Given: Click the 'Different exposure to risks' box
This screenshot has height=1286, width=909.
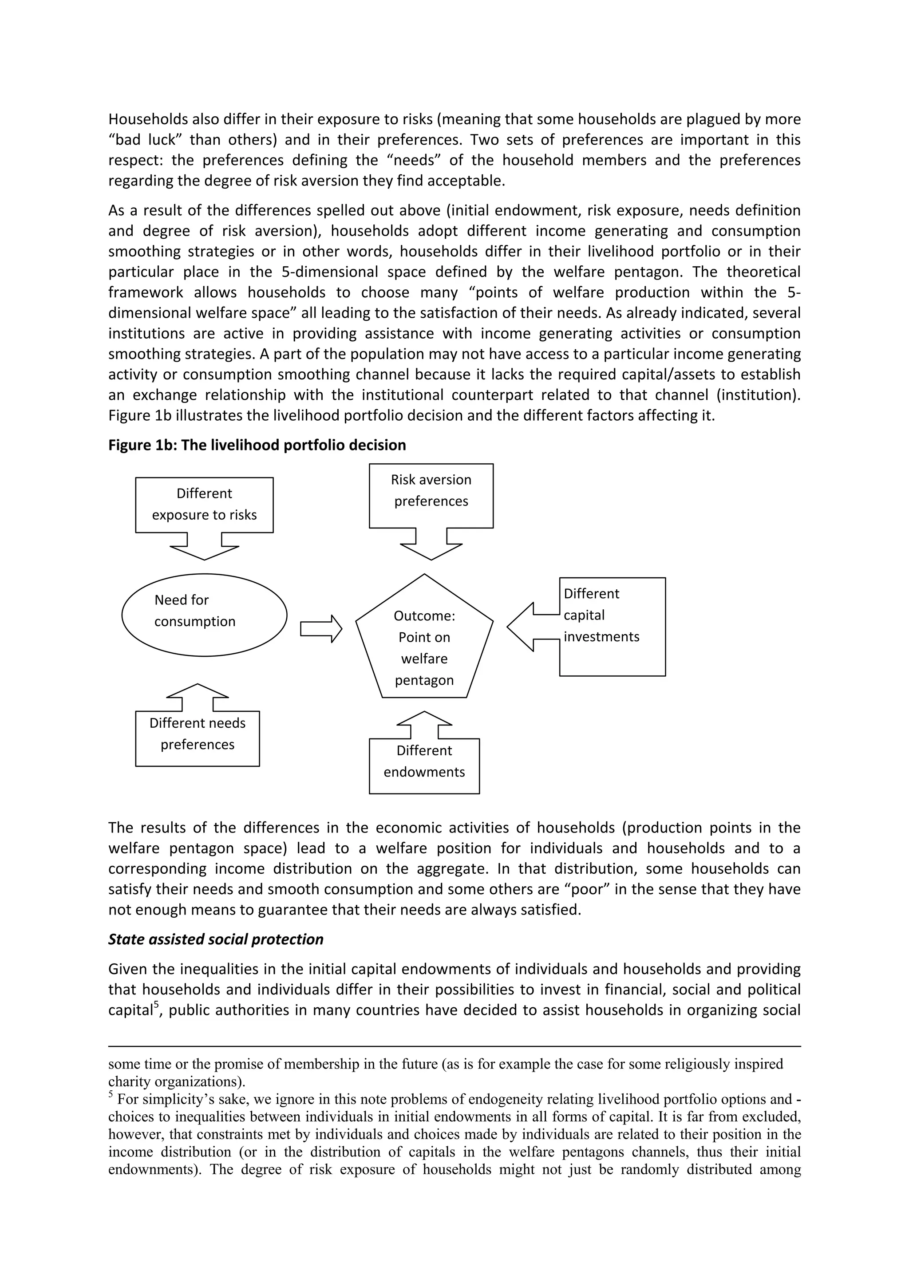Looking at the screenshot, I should pyautogui.click(x=204, y=504).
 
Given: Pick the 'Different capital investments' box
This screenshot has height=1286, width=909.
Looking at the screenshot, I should pyautogui.click(x=612, y=626).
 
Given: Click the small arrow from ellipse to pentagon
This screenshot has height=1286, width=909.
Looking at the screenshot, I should pyautogui.click(x=321, y=628).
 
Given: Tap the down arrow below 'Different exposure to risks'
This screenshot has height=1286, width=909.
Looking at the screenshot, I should pyautogui.click(x=204, y=547).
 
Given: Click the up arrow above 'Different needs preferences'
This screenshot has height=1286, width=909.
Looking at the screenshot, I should pyautogui.click(x=197, y=697).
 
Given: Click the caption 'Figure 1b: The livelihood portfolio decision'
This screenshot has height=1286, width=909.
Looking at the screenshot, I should pyautogui.click(x=257, y=445).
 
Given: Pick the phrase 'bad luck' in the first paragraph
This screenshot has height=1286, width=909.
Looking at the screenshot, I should pyautogui.click(x=142, y=140).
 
